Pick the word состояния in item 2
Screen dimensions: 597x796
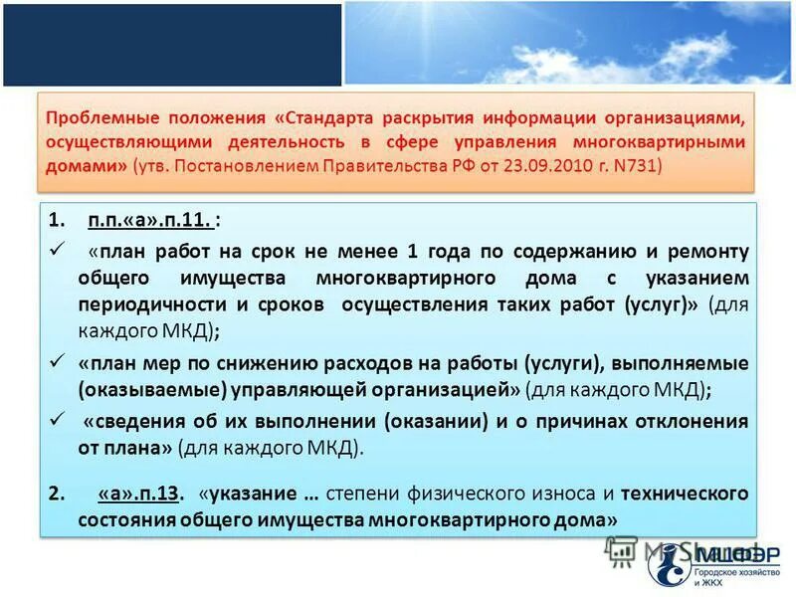(124, 519)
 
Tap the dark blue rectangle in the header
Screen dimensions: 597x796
(171, 44)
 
